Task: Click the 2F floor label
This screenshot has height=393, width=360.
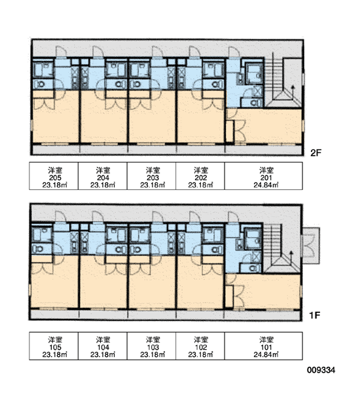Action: coord(316,153)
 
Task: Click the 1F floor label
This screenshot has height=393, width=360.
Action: coord(315,315)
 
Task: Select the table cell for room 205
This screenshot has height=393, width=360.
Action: coord(54,176)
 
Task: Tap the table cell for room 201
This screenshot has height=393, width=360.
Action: coord(264,176)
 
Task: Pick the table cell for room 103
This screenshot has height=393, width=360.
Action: coord(152,346)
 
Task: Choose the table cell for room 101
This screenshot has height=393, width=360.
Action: coord(264,346)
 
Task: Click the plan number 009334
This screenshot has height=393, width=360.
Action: coord(321,370)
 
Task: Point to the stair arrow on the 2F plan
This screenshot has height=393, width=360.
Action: coord(293,92)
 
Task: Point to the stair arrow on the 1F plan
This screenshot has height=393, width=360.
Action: coord(291,256)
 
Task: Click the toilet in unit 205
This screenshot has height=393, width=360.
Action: coord(40,84)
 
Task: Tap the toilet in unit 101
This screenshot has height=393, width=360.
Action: coord(253,269)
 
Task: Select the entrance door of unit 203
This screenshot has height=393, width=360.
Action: coord(157,52)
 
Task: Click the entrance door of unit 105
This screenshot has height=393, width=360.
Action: coord(60,217)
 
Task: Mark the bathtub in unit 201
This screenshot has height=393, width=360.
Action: coord(254,73)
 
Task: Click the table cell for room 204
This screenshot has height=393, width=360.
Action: coord(103,176)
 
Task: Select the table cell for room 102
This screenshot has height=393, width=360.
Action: coord(200,346)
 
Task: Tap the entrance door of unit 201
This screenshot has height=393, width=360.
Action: coord(234,52)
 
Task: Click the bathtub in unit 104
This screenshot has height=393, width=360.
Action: coord(117,235)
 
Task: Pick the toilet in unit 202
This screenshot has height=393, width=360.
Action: coord(215,84)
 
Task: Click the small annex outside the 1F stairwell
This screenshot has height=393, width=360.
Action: coord(311,246)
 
